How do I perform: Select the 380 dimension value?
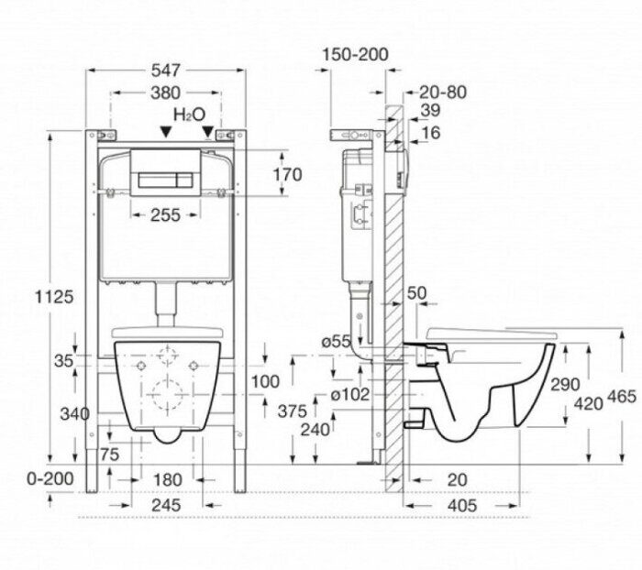coord(165,92)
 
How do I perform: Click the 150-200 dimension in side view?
coord(355,55)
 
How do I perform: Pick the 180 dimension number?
coord(166,478)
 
